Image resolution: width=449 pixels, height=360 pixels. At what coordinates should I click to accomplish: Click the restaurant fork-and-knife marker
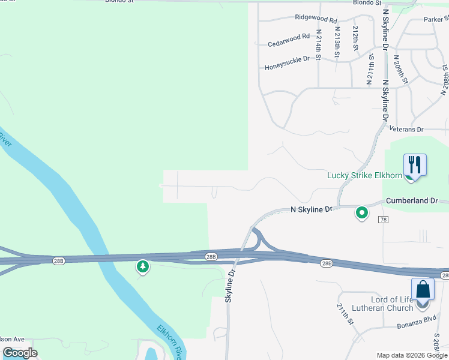pos(415,164)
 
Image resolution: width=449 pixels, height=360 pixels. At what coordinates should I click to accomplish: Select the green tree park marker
pos(142,266)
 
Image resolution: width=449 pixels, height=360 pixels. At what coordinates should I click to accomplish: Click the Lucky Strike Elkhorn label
pos(364,175)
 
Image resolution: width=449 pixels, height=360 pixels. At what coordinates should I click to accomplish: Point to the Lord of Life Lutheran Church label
pos(393,304)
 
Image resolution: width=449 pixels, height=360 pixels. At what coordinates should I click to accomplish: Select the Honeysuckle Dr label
pos(287,59)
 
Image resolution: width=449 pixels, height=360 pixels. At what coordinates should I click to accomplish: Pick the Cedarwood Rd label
pos(289,40)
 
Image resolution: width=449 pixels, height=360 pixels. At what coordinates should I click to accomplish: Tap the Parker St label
pos(433,19)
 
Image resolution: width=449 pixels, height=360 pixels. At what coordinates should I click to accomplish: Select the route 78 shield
pos(383,220)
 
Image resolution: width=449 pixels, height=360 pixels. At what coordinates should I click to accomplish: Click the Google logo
pos(20,353)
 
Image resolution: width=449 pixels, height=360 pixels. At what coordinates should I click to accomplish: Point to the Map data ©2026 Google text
pos(412,355)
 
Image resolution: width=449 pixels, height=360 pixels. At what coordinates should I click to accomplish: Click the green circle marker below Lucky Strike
pos(362,212)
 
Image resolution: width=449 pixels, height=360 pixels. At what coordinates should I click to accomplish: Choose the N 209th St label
pos(400,70)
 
